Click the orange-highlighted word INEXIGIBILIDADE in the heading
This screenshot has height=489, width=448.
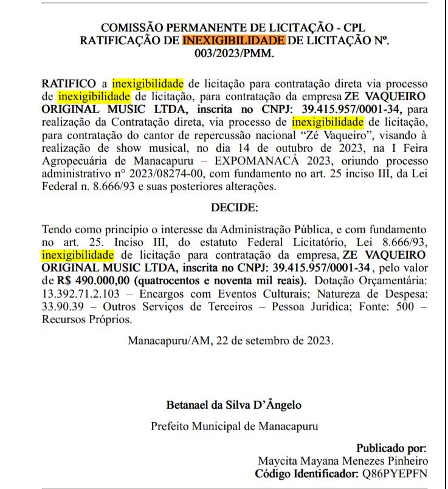[233, 41]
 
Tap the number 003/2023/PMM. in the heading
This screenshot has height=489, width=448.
[234, 53]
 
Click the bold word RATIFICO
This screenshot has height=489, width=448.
[68, 82]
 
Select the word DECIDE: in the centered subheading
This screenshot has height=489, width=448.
[234, 207]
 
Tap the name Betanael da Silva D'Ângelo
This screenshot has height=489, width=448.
[234, 405]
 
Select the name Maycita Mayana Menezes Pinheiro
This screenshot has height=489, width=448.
[343, 460]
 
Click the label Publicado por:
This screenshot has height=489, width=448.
[391, 448]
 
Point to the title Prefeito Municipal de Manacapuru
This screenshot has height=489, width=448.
[234, 426]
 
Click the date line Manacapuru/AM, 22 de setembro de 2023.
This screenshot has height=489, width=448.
[230, 340]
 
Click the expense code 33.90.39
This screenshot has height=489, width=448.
[61, 306]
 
